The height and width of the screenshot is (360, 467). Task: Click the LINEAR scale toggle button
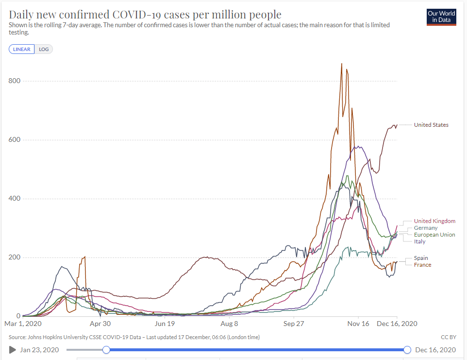[x=21, y=49]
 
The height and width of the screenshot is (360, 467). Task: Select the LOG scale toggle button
[x=44, y=49]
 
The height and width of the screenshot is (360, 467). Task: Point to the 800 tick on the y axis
[x=15, y=81]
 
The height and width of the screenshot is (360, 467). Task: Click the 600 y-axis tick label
[x=15, y=140]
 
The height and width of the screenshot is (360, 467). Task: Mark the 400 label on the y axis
[x=15, y=199]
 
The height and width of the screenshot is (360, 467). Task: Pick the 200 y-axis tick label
[x=15, y=257]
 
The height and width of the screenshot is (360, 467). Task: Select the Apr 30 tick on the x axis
[x=100, y=324]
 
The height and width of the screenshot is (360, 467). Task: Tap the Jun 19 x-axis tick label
[x=165, y=324]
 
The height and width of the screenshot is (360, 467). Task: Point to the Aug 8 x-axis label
[x=229, y=324]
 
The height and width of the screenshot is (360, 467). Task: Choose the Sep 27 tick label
[x=294, y=324]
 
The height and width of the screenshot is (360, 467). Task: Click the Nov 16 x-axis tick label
[x=358, y=324]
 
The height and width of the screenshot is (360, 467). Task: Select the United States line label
[x=431, y=125]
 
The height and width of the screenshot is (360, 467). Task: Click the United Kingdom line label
[x=434, y=221]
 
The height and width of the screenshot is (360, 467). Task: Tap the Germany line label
[x=425, y=228]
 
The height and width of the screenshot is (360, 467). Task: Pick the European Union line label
[x=434, y=235]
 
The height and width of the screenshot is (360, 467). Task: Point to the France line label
[x=422, y=265]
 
